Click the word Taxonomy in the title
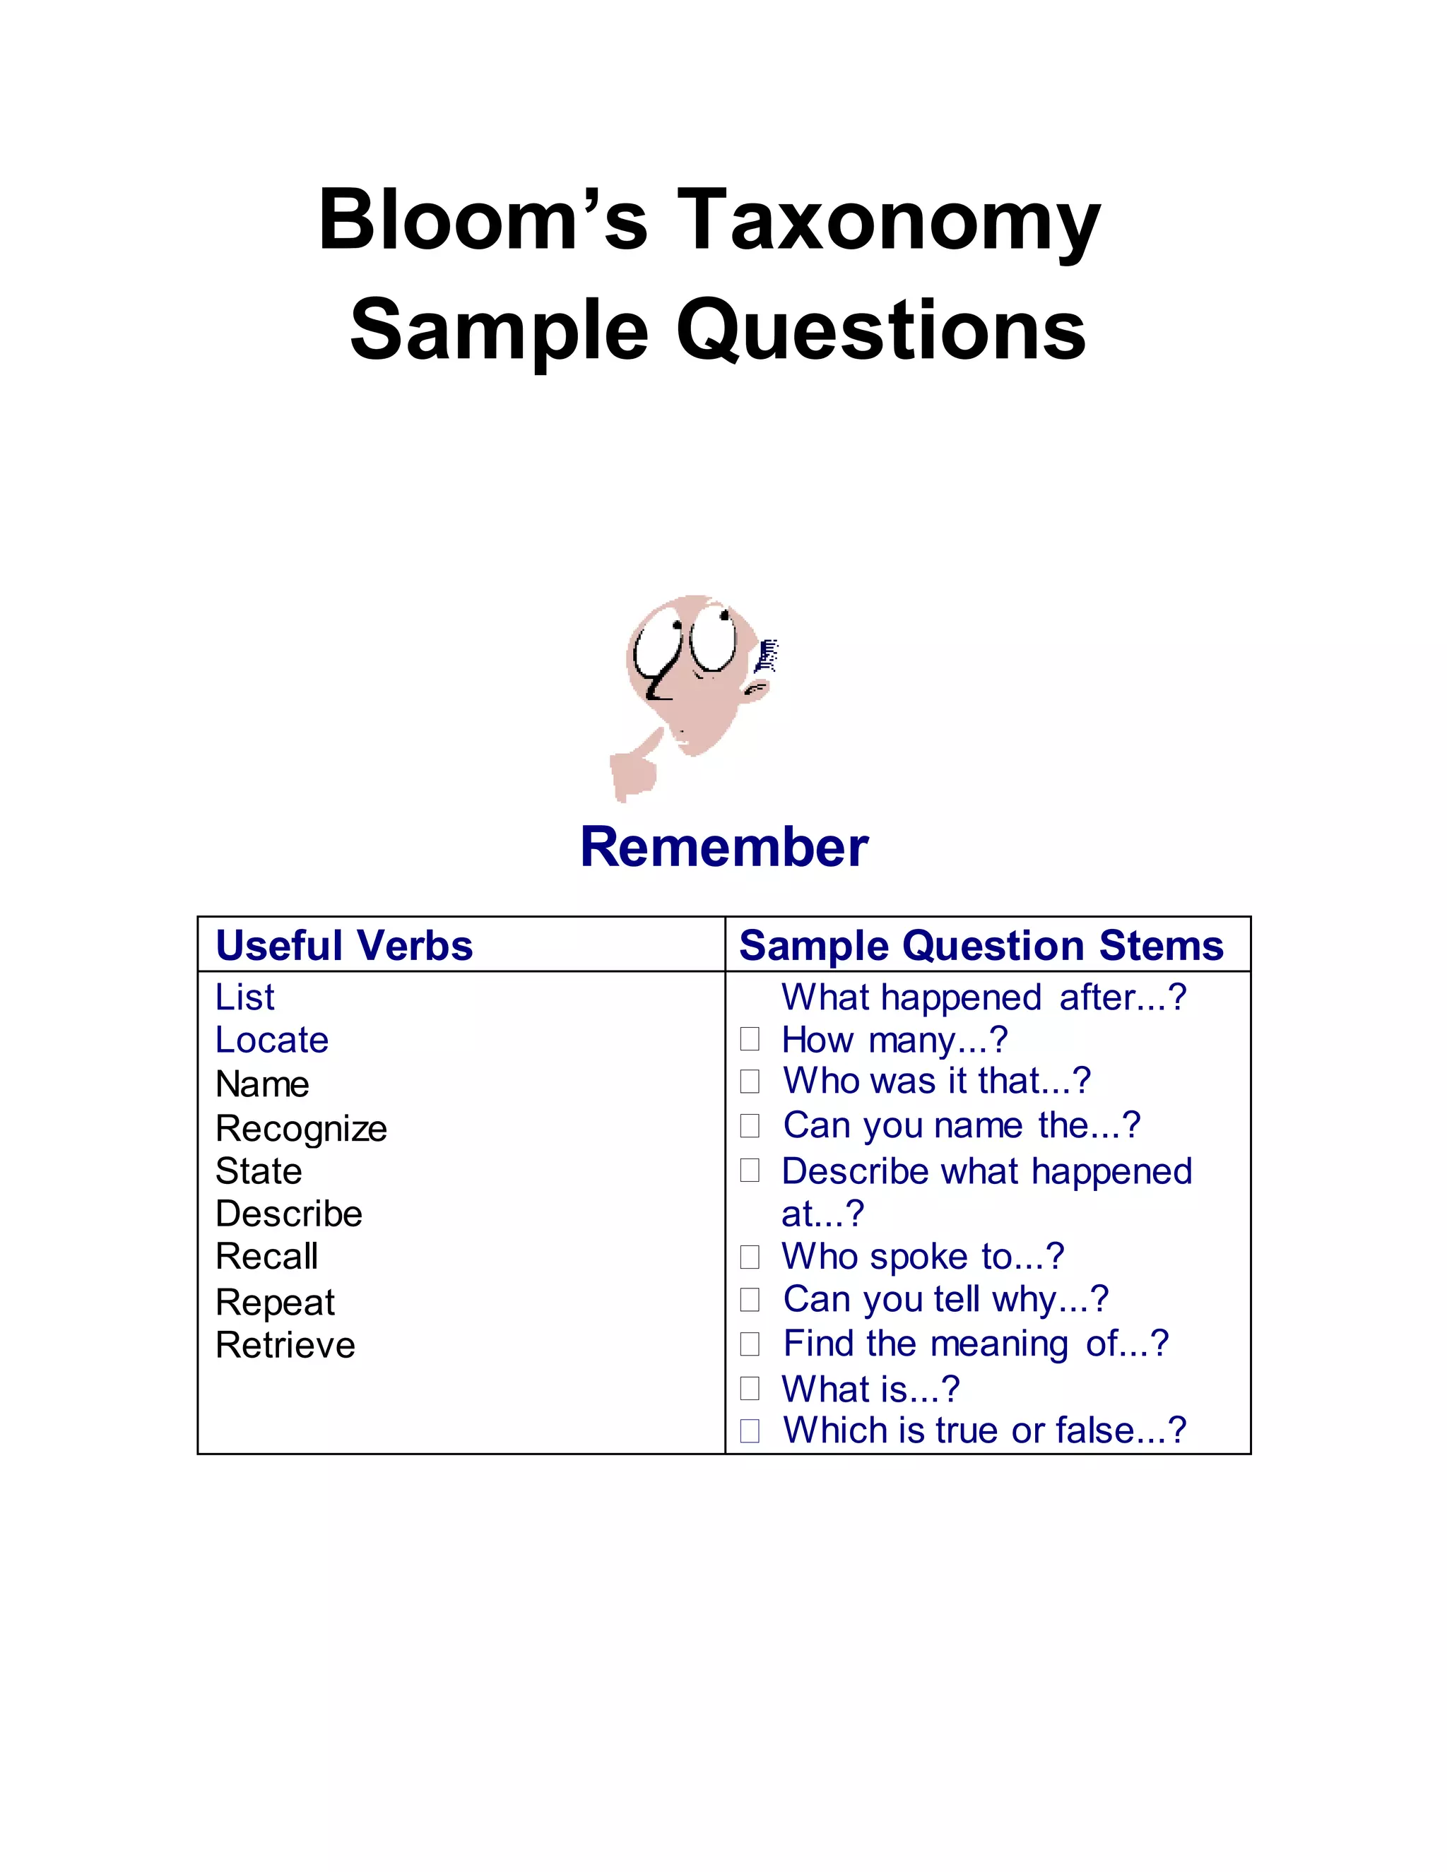887,221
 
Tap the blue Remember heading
723,847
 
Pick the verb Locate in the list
272,1040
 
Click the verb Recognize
301,1129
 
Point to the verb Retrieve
285,1345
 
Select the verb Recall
266,1257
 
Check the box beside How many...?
750,1039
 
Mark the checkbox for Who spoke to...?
750,1257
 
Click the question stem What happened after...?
984,997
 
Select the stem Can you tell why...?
945,1299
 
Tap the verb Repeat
275,1302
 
